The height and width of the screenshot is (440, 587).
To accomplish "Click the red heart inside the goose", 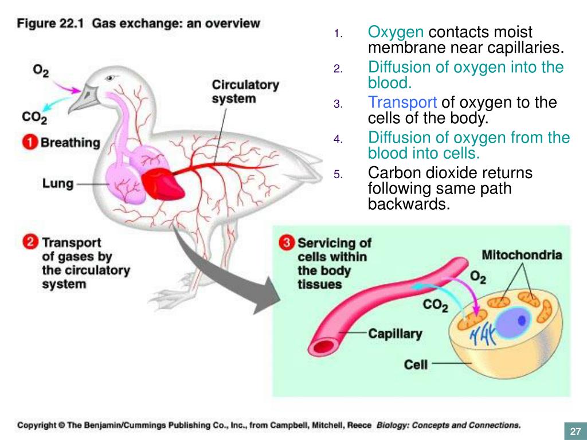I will tap(165, 182).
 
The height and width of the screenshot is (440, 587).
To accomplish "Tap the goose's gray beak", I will tap(85, 99).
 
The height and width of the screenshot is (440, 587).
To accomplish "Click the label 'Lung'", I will tap(58, 184).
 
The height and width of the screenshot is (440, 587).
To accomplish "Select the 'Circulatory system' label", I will tap(245, 92).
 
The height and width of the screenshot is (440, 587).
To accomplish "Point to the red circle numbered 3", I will tap(287, 243).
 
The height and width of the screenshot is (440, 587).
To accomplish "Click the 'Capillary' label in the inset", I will tap(394, 333).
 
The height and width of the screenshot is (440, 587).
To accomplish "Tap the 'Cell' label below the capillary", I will tap(416, 364).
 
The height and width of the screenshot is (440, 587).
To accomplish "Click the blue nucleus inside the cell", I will tap(512, 321).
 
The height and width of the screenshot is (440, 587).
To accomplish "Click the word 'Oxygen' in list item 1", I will tap(396, 32).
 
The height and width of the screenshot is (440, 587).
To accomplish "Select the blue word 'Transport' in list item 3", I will tap(402, 103).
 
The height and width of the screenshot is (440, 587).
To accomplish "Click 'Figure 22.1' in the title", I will tap(51, 24).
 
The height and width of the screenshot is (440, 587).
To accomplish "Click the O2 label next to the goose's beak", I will tap(41, 70).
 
